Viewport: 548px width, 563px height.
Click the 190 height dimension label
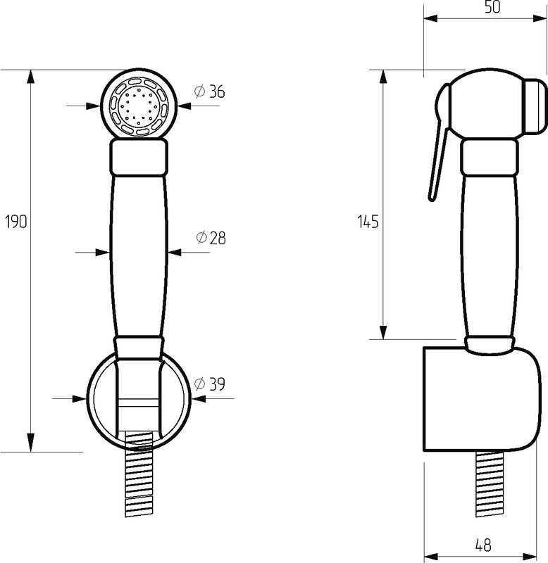click(16, 222)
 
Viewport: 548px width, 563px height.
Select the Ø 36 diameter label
click(209, 92)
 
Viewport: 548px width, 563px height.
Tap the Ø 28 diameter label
click(211, 238)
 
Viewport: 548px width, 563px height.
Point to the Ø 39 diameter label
click(209, 384)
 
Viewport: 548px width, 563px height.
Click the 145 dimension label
click(368, 222)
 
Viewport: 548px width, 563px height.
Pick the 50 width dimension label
click(492, 7)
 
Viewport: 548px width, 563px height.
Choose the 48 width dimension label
click(483, 545)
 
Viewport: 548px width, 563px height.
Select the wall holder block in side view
click(482, 398)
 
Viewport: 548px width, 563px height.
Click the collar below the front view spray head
click(139, 157)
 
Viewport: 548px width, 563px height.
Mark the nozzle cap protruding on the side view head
click(535, 107)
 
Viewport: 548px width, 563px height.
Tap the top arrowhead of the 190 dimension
click(31, 77)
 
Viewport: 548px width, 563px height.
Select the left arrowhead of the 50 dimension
click(431, 19)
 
